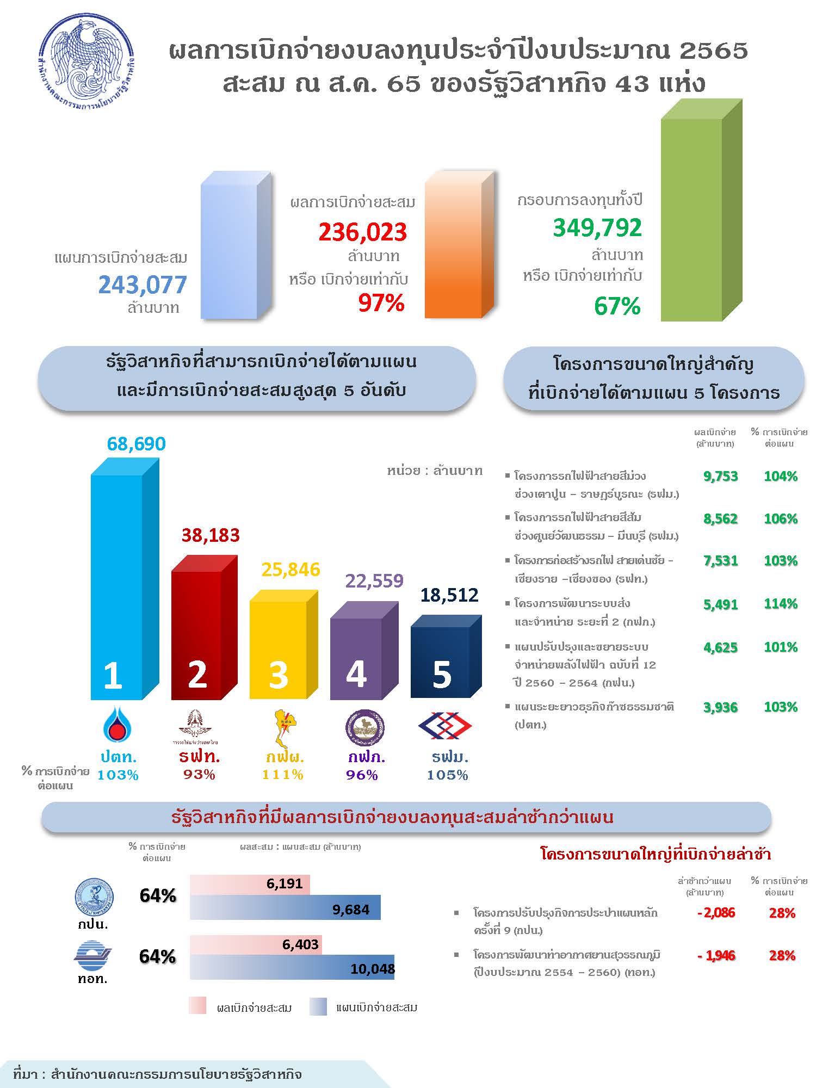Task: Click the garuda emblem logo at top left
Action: tap(88, 63)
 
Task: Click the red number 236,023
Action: tap(363, 232)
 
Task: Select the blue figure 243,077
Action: tap(143, 285)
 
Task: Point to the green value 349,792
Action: tap(597, 228)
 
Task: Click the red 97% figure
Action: tap(381, 303)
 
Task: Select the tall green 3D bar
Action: tap(702, 210)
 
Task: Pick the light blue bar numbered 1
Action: tap(125, 579)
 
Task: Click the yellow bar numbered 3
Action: tap(283, 645)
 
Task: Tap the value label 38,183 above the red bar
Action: tap(211, 535)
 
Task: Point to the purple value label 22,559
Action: tap(374, 581)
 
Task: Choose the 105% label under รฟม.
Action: tap(447, 775)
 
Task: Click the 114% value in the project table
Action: tap(781, 604)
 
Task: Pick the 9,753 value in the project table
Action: tap(721, 477)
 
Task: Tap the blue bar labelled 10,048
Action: tap(292, 967)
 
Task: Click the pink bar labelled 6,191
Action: tap(250, 885)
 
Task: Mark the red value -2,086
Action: tap(716, 913)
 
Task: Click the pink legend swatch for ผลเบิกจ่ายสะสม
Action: tap(197, 1006)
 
